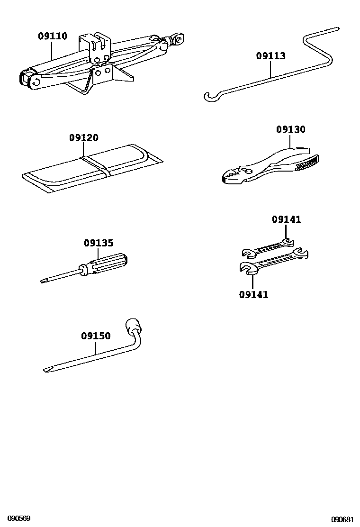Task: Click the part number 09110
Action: click(53, 36)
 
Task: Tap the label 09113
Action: click(271, 56)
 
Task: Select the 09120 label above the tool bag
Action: click(84, 138)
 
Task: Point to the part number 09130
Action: click(291, 129)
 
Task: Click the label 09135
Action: click(99, 243)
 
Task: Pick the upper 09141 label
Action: click(286, 219)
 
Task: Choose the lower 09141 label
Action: click(253, 295)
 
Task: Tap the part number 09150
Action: click(96, 336)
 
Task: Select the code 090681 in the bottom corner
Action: click(342, 519)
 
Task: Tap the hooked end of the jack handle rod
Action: click(209, 97)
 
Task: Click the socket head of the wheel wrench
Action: click(133, 327)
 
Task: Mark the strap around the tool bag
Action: click(97, 166)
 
